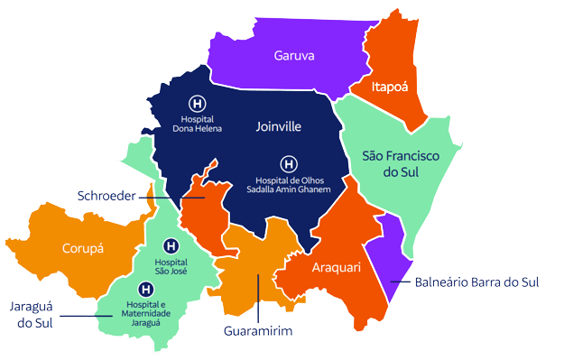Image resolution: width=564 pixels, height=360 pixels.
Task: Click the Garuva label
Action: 294,56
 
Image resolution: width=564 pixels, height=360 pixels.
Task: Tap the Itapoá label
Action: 391,87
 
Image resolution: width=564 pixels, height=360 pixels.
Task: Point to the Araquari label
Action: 337,269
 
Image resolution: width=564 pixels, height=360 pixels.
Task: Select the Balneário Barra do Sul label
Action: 477,282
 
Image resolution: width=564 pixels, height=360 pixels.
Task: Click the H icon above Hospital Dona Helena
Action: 197,103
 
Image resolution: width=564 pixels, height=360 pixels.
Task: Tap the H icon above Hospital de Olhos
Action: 288,164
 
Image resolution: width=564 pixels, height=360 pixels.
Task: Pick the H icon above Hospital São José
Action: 171,245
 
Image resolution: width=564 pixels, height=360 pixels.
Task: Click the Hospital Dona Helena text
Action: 197,124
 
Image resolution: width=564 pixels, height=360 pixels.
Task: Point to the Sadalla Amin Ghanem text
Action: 289,189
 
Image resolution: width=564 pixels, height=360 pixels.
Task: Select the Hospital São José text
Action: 171,266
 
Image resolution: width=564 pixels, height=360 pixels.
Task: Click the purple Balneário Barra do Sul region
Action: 395,244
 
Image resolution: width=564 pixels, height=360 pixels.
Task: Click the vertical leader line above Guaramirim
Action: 259,298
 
